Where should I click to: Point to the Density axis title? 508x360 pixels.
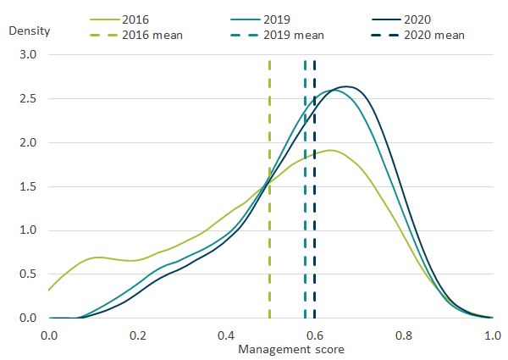click(x=30, y=31)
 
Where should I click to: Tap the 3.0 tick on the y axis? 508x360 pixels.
click(x=28, y=54)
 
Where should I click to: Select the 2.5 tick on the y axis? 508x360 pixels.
click(x=28, y=98)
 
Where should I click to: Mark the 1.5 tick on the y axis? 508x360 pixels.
click(x=28, y=186)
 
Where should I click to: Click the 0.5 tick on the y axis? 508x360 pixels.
click(x=28, y=274)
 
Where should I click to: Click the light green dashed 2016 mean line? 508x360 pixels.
click(x=270, y=127)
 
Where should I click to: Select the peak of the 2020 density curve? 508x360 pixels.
click(x=345, y=86)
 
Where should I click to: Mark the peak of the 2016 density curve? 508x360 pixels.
click(x=331, y=151)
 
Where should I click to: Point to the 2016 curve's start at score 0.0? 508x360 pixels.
click(x=49, y=291)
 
